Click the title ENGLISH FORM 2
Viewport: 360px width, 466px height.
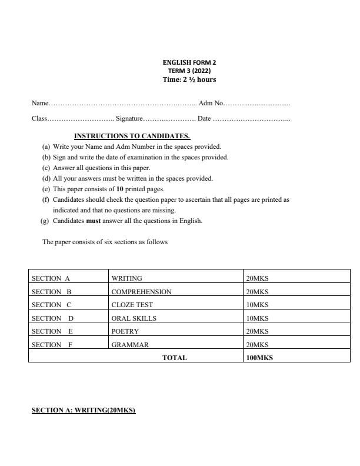click(185, 62)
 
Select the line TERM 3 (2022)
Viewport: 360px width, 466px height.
click(185, 70)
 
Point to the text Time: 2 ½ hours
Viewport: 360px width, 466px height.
click(185, 79)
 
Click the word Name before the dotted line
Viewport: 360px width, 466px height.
click(39, 104)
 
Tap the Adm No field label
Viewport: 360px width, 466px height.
click(211, 104)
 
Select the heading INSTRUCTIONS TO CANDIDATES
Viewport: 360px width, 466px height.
click(132, 136)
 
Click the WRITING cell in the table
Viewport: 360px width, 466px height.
click(126, 278)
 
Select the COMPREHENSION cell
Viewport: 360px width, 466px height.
click(141, 292)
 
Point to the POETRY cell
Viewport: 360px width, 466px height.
click(125, 331)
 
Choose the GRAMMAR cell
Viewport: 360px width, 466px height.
click(130, 345)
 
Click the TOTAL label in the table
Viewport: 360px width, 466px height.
click(174, 358)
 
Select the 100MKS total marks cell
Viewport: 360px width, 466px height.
click(259, 358)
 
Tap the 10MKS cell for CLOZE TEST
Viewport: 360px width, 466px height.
click(257, 305)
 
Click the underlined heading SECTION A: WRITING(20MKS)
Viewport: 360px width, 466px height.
click(84, 410)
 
